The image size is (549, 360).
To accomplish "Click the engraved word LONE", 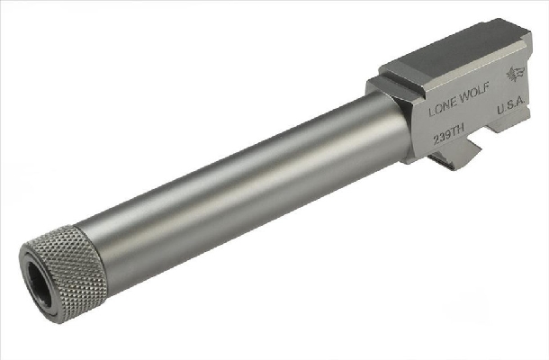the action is (443, 109).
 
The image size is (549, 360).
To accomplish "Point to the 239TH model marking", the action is (448, 134).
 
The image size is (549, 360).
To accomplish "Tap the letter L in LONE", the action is (431, 112).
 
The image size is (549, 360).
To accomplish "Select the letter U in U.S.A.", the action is (500, 110).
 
